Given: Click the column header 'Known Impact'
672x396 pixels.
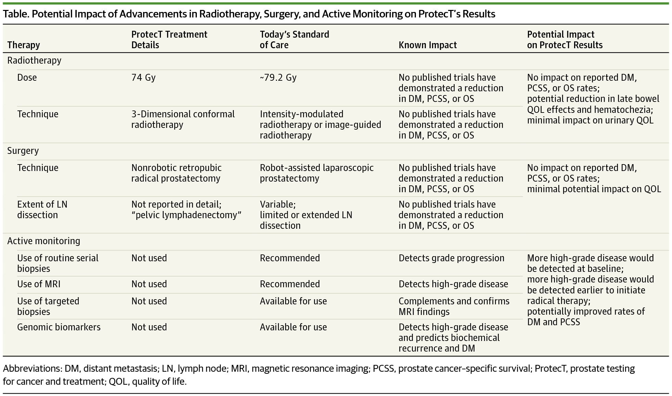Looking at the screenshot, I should click(x=427, y=45).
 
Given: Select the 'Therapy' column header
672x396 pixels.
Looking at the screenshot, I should click(x=24, y=45).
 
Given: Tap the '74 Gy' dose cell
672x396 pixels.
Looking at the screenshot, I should click(x=143, y=77).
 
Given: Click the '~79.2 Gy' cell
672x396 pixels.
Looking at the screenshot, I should click(x=278, y=77).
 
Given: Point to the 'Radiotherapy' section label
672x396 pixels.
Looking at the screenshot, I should click(x=34, y=61).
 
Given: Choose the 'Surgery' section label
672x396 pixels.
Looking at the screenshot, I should click(x=23, y=151).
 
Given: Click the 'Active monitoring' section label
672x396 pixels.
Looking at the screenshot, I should click(x=43, y=241).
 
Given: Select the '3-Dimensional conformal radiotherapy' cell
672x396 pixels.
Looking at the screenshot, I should click(x=183, y=119).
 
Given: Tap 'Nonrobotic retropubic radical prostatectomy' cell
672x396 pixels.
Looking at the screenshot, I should click(x=176, y=173).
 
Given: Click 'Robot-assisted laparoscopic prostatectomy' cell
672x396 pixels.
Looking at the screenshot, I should click(x=316, y=173).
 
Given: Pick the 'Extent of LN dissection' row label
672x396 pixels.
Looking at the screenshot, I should click(x=42, y=210).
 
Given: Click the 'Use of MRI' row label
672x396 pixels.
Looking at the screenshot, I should click(x=39, y=284).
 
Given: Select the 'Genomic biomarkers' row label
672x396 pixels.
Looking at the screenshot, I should click(x=59, y=327).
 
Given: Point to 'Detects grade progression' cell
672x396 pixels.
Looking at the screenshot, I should click(x=451, y=258).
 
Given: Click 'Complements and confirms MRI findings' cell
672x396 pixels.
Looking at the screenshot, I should click(x=454, y=306).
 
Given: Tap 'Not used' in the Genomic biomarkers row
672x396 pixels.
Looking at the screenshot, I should click(x=149, y=327).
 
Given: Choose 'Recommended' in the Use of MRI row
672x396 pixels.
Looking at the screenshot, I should click(x=290, y=284).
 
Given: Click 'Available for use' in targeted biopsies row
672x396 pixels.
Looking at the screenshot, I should click(x=293, y=301).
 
